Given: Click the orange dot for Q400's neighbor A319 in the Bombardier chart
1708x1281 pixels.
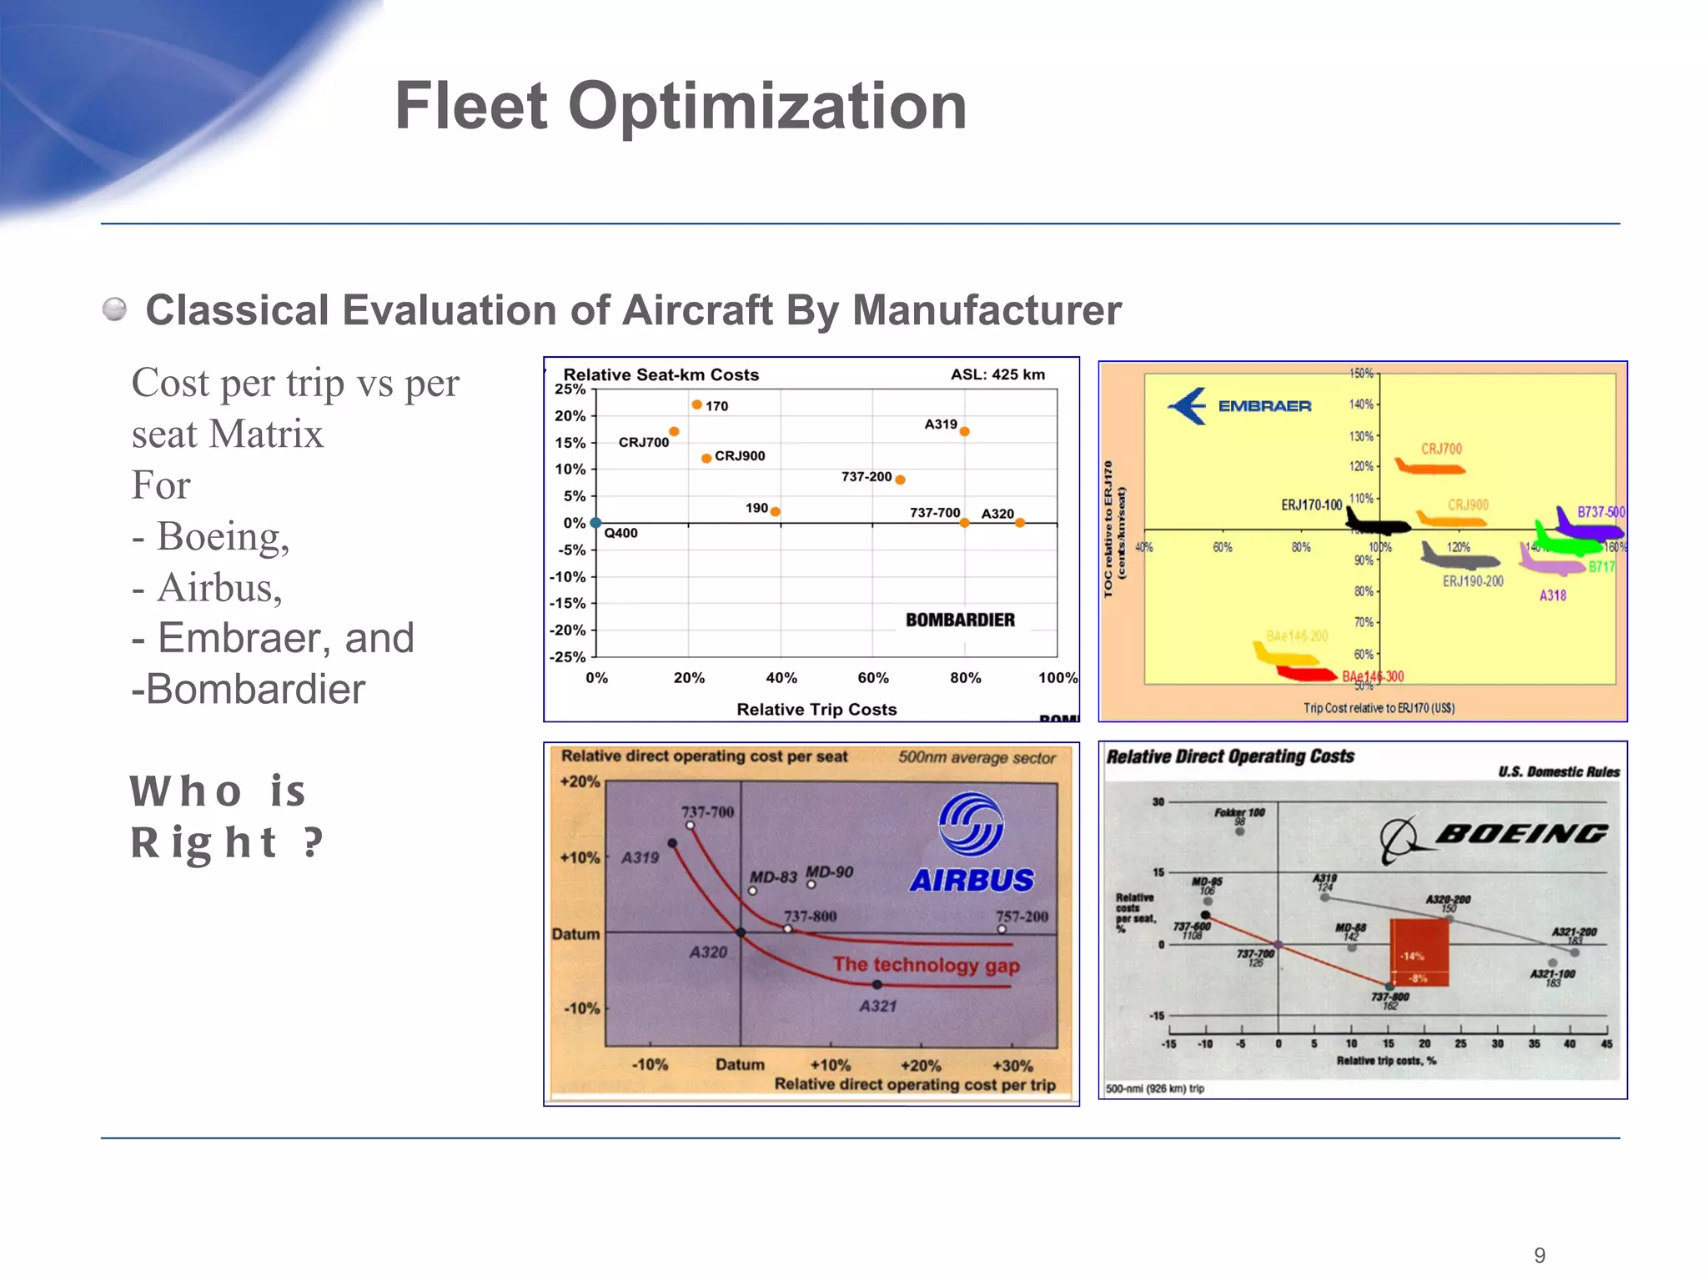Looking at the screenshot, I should click(964, 432).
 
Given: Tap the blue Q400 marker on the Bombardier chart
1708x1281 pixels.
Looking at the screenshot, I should click(595, 523).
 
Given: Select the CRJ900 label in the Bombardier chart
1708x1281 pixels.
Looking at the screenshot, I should click(739, 456).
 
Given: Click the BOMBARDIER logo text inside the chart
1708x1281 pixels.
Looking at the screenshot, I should click(960, 620).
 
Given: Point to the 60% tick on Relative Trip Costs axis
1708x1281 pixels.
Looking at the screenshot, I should click(872, 678).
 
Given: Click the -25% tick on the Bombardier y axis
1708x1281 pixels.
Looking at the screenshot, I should click(567, 657).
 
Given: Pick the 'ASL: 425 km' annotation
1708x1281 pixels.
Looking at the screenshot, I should click(997, 374).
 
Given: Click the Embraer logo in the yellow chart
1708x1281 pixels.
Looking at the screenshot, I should click(1240, 406).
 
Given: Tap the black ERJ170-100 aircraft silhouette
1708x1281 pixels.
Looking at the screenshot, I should click(1378, 524).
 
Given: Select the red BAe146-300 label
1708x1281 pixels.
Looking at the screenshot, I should click(1373, 676).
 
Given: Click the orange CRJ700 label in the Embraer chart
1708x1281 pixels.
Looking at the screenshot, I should click(1441, 449).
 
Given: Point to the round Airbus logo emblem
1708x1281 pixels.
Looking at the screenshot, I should click(971, 824).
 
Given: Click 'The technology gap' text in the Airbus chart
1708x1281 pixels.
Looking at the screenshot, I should click(926, 965).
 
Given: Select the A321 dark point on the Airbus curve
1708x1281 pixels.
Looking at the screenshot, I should click(877, 985).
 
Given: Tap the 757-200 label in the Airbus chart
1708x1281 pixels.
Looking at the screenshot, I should click(1022, 917).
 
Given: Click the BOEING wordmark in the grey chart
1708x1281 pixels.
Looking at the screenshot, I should click(1521, 833).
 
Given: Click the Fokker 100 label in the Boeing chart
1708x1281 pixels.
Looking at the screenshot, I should click(1239, 812).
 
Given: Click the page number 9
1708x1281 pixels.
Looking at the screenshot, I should click(1540, 1255).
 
